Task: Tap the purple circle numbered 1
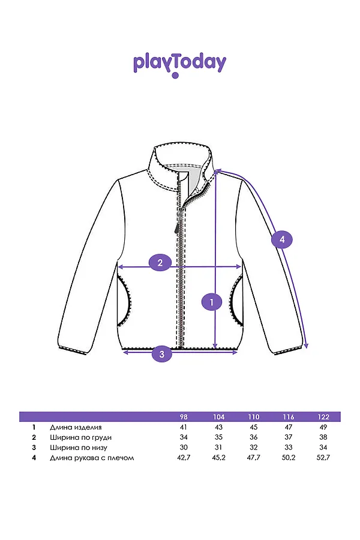pos(211,302)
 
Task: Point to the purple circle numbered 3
pos(162,354)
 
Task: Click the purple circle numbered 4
pos(283,240)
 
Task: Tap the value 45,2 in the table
pos(218,458)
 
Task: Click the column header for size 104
pos(218,417)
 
